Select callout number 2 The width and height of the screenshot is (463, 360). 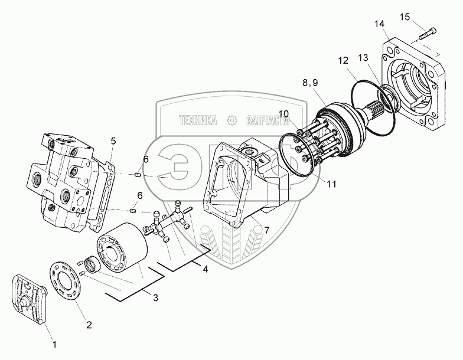[89, 324]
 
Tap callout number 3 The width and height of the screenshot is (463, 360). [155, 297]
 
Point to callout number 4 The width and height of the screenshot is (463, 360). [205, 269]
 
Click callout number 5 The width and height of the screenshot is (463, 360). [113, 140]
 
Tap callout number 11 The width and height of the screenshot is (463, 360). [331, 184]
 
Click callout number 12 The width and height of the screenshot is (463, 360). [343, 61]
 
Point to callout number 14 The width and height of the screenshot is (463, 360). [379, 23]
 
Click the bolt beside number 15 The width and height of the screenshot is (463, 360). [427, 33]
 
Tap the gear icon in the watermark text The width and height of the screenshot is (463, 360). [232, 120]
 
